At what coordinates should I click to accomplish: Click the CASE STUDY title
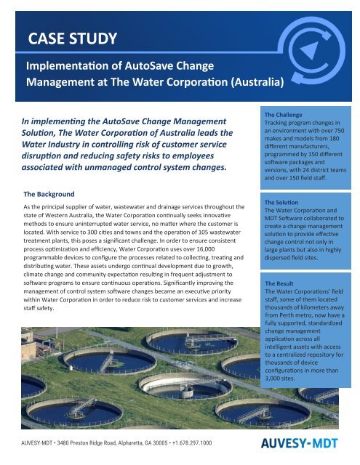click(x=71, y=38)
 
